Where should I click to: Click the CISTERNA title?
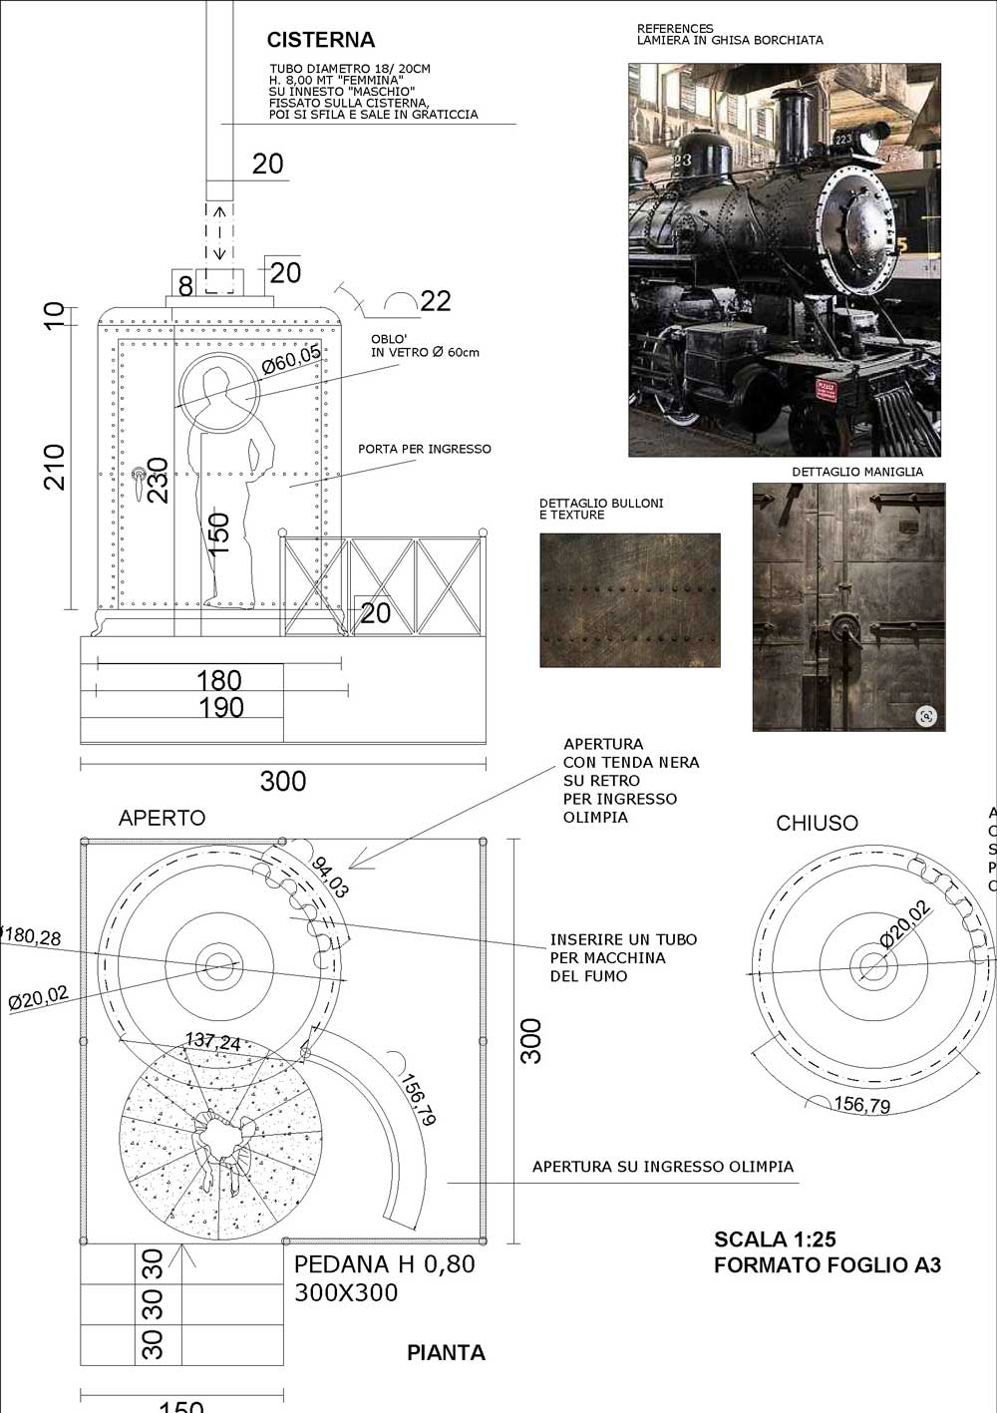320,40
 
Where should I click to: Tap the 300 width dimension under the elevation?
282,781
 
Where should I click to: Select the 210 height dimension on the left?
54,467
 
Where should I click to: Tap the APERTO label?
162,819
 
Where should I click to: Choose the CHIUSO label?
817,824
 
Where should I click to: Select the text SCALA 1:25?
775,1239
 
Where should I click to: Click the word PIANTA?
446,1353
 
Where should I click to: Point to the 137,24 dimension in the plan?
212,1042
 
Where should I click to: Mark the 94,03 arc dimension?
330,878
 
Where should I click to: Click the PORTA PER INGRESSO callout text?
425,449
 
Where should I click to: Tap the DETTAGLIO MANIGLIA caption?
857,472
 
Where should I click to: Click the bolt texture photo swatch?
629,600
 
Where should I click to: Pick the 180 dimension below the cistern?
218,680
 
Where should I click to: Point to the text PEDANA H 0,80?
385,1264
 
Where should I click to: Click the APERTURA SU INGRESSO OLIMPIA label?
663,1167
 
